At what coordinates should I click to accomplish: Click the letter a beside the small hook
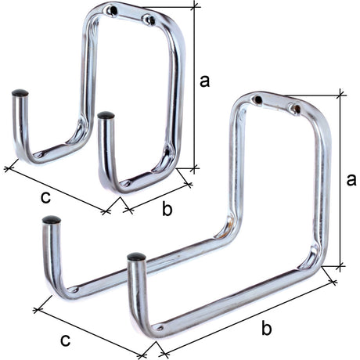tap(204, 81)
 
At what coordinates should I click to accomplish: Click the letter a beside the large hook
tap(351, 180)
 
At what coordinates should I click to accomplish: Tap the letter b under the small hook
tap(167, 208)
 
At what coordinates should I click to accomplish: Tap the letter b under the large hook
tap(267, 327)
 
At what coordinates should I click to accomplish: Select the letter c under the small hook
tap(45, 198)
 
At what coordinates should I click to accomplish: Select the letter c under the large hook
tap(65, 340)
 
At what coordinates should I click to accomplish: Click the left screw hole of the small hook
tap(113, 11)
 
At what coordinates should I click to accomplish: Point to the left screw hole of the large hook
tap(258, 99)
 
